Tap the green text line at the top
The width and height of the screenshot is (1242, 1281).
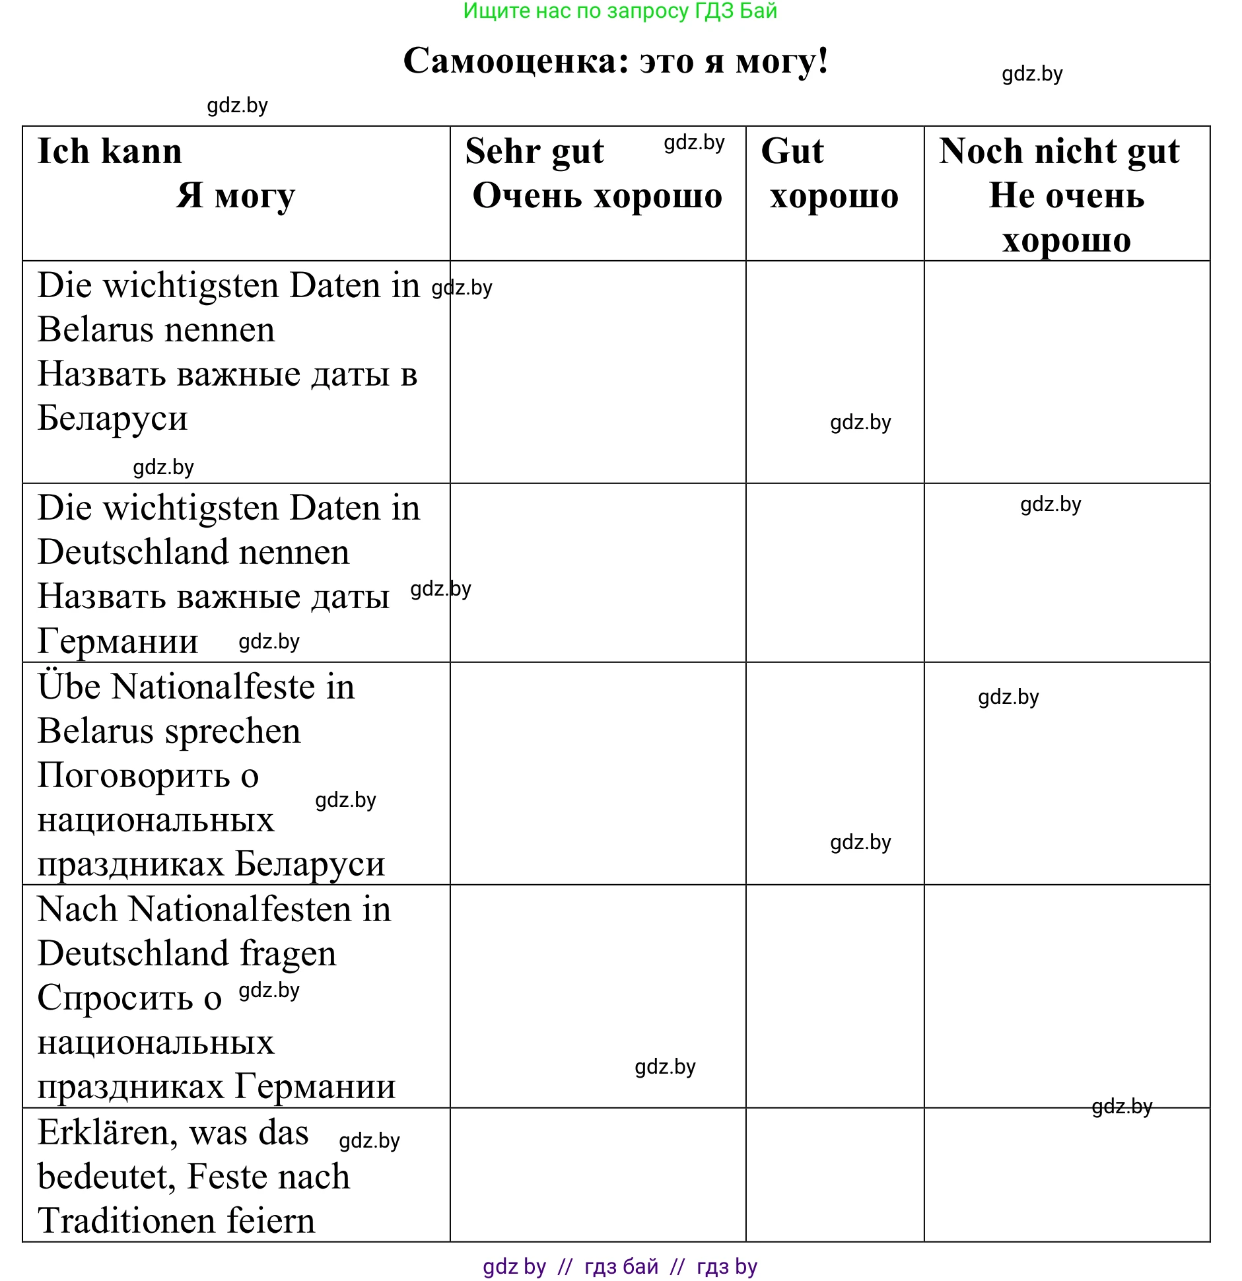[620, 11]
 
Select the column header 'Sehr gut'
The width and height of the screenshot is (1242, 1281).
[534, 151]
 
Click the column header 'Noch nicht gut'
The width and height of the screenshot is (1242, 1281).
[1059, 151]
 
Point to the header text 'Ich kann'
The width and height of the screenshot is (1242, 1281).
[110, 151]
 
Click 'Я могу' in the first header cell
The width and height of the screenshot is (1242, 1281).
[236, 195]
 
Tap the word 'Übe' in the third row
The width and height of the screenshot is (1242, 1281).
[69, 687]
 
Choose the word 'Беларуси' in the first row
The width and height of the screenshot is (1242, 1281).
[112, 418]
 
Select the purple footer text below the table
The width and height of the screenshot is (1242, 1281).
[620, 1266]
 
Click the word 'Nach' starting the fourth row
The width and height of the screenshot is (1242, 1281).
[77, 909]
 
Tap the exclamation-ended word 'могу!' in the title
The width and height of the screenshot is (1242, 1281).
[782, 61]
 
